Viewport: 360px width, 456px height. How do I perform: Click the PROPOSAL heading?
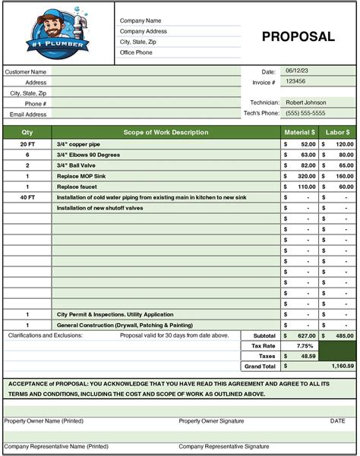(x=298, y=36)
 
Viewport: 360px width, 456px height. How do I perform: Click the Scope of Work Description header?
(x=166, y=132)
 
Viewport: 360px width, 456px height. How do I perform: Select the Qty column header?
(x=27, y=132)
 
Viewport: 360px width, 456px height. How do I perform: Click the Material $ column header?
(x=299, y=132)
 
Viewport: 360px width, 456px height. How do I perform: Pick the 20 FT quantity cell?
(x=27, y=143)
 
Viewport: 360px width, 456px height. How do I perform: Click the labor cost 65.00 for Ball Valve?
(x=345, y=165)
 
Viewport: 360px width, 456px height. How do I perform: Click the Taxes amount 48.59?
(x=308, y=355)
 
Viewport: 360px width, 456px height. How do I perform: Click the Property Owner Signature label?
(x=212, y=420)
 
